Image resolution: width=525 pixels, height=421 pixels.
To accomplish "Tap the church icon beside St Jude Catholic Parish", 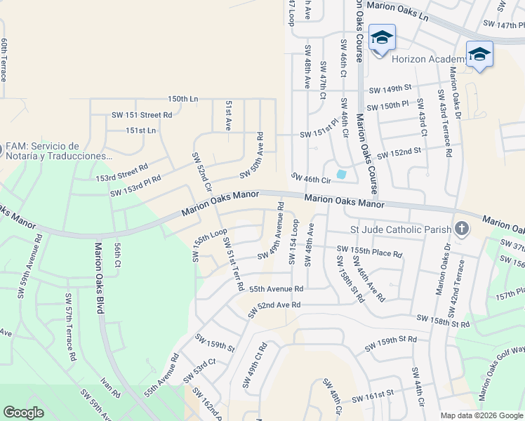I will [x=462, y=229].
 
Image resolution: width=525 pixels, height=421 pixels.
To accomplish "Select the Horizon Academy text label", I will [x=429, y=59].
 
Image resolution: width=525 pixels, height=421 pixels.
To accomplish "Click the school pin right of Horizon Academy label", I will [x=479, y=55].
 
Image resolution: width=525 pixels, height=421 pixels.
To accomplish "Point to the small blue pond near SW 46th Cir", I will [x=342, y=174].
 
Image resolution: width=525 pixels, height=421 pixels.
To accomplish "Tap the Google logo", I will [x=23, y=413].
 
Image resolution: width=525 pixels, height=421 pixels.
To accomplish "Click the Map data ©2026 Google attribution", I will [x=481, y=415].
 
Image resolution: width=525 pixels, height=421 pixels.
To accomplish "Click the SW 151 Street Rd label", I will [x=141, y=114].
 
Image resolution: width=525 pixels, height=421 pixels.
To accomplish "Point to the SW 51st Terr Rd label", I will [x=234, y=265].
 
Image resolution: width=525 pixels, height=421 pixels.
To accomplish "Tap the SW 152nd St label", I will [x=399, y=153].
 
